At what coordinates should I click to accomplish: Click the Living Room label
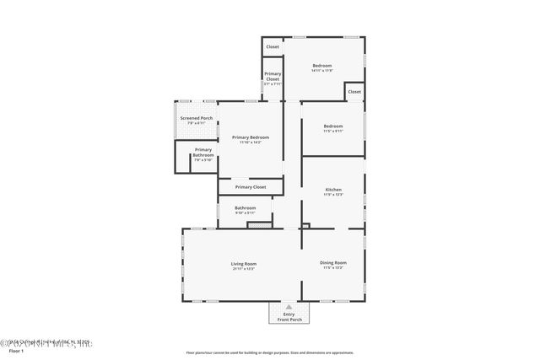click(x=244, y=263)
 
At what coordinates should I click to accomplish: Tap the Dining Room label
click(x=333, y=262)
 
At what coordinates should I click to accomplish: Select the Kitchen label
click(x=333, y=190)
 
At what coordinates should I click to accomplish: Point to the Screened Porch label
click(x=196, y=118)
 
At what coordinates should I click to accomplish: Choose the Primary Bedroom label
click(x=251, y=137)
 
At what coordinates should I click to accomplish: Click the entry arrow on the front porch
click(x=289, y=306)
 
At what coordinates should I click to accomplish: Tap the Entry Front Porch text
click(x=289, y=316)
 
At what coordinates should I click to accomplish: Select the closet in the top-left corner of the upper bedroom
click(x=273, y=47)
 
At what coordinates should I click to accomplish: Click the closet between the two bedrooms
click(x=354, y=91)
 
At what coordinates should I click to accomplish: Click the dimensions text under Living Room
click(x=244, y=269)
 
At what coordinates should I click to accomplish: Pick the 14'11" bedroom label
click(x=322, y=66)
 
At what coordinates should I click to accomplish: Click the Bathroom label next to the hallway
click(x=246, y=207)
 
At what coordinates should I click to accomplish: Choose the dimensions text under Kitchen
click(x=333, y=195)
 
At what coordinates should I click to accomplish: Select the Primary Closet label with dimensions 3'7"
click(x=273, y=78)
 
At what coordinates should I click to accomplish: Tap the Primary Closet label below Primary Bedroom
click(x=251, y=186)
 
